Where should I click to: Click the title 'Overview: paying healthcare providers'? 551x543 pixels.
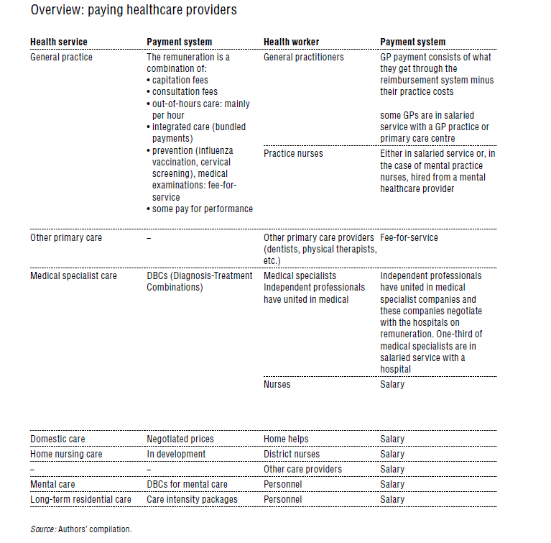[x=134, y=11]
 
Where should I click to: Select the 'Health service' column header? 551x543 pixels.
[x=59, y=42]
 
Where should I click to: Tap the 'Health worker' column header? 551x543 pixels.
[x=292, y=42]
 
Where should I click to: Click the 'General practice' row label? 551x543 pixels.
[x=61, y=57]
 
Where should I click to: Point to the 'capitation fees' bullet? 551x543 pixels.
[x=180, y=81]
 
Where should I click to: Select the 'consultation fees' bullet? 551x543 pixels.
[x=185, y=92]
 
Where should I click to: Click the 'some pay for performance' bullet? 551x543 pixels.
[x=202, y=209]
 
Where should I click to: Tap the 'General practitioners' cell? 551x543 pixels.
[x=304, y=57]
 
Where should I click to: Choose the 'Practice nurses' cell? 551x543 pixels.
[x=293, y=153]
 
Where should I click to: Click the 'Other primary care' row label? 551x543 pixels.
[x=66, y=237]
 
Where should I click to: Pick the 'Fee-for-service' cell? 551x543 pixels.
[x=409, y=237]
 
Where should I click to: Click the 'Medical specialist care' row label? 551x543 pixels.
[x=75, y=275]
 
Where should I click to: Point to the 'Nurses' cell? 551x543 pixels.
[x=277, y=384]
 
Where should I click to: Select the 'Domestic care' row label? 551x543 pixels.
[x=57, y=439]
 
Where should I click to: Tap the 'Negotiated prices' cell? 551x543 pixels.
[x=180, y=439]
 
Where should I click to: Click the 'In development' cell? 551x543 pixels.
[x=176, y=454]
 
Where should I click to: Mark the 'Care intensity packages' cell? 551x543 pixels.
[x=192, y=499]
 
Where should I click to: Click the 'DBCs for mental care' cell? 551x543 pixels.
[x=187, y=484]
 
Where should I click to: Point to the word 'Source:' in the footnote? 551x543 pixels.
[x=42, y=529]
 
